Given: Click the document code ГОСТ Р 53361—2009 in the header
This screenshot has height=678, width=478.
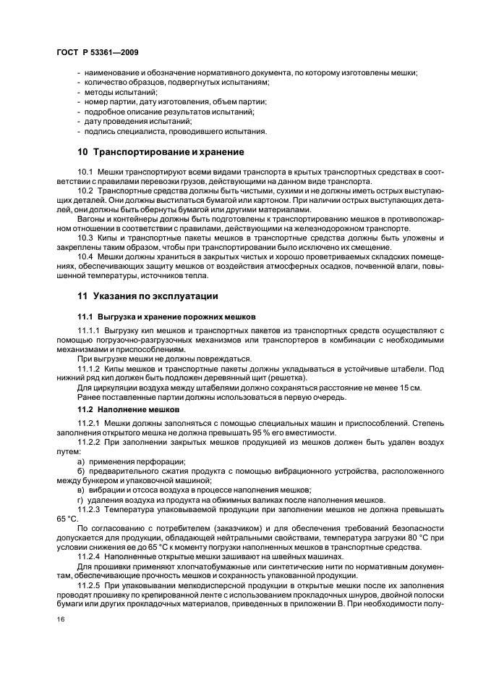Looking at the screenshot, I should [x=97, y=54].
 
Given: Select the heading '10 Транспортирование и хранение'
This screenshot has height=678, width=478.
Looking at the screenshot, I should [x=161, y=152].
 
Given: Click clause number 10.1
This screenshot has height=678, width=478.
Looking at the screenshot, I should [x=85, y=171].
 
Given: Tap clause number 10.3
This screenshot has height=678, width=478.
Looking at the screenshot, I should [x=85, y=238].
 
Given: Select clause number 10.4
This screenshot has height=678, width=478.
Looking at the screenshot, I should [x=85, y=256].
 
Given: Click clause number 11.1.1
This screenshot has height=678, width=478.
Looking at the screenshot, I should [x=89, y=330].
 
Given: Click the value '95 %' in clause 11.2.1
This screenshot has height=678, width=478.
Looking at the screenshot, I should [x=255, y=432].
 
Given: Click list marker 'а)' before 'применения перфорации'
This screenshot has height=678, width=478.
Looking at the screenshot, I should [x=81, y=461].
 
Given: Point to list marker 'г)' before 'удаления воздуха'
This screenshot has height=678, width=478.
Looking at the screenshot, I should [x=81, y=498].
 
